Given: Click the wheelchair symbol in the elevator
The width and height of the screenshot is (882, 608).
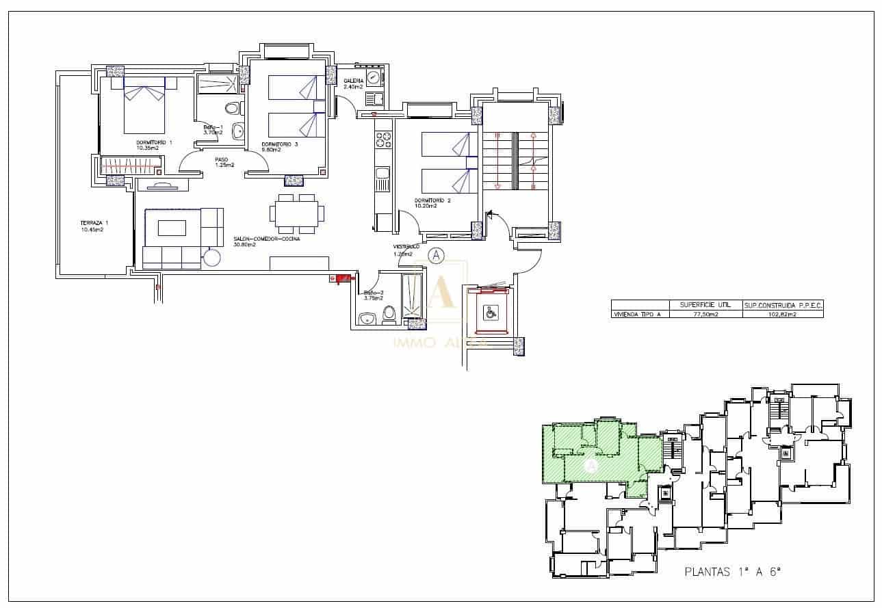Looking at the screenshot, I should click(490, 313).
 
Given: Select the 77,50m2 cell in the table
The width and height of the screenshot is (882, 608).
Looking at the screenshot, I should click(705, 314).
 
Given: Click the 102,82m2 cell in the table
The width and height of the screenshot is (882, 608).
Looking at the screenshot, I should click(783, 314).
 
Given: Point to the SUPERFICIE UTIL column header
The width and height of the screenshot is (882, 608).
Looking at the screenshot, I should click(705, 304).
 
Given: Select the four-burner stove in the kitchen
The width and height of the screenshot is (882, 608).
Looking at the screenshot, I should click(382, 140).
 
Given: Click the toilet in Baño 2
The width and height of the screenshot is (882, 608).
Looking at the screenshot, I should click(390, 314).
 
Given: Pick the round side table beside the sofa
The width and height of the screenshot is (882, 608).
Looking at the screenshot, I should click(211, 258).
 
